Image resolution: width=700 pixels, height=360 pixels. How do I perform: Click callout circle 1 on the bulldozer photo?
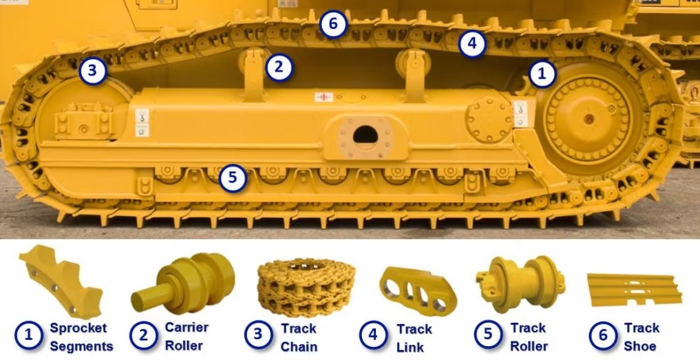[x=542, y=74]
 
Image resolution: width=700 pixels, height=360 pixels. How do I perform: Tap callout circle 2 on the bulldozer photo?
[x=279, y=68]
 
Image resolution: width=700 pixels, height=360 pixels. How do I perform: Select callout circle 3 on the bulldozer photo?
[x=93, y=71]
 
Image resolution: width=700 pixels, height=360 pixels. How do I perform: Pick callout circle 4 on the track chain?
[x=472, y=44]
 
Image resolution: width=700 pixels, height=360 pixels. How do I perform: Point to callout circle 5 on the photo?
[x=233, y=178]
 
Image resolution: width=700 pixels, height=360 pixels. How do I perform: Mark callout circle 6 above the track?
[x=334, y=23]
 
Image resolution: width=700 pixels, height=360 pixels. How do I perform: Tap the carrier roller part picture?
[x=183, y=282]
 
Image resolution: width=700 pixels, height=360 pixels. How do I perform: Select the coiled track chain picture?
[x=306, y=288]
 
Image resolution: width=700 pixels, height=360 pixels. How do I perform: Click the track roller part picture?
[x=520, y=283]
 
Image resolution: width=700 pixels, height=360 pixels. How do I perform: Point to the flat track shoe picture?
[x=635, y=290]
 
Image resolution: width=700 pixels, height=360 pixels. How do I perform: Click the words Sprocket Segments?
[x=81, y=337]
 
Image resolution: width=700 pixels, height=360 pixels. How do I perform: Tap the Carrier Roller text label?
[x=186, y=337]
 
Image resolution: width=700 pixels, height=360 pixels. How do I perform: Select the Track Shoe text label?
[x=641, y=337]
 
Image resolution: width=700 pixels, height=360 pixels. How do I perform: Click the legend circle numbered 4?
[x=374, y=335]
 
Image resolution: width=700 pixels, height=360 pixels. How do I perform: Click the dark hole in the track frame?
[x=365, y=134]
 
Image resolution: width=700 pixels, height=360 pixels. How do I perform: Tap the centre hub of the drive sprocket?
[x=589, y=119]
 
